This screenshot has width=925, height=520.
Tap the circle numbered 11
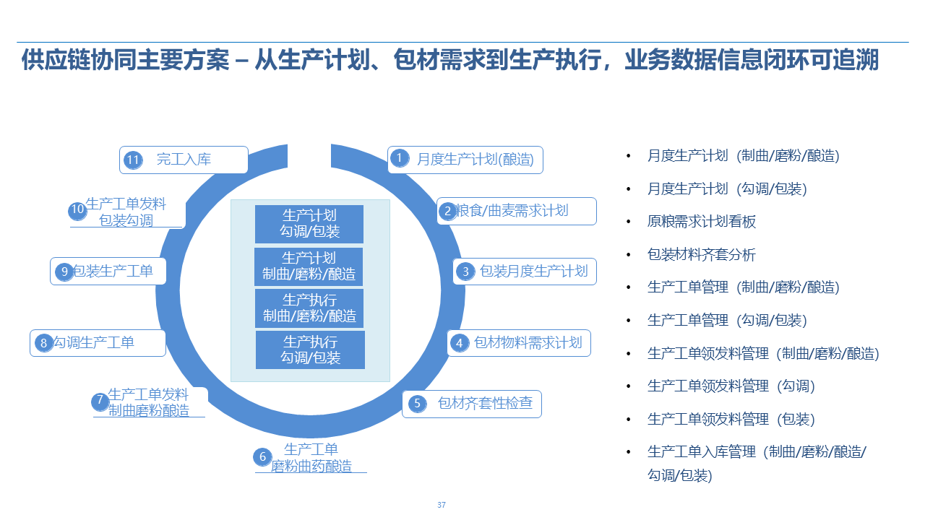tap(132, 160)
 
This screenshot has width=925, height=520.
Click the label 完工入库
tap(184, 160)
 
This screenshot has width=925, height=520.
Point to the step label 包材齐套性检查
tap(485, 403)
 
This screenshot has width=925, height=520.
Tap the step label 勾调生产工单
tap(94, 342)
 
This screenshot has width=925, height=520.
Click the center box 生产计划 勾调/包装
tap(309, 224)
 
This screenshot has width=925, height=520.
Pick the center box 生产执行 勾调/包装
tap(310, 350)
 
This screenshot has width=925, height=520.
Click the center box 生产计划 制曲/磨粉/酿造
tap(309, 266)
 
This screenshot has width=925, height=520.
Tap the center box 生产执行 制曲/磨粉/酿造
tap(309, 308)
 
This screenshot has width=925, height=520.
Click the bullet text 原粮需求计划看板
tap(701, 222)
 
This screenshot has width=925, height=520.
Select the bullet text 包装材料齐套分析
tap(701, 255)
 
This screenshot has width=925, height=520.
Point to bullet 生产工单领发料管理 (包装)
tap(731, 420)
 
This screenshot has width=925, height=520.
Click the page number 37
tap(442, 505)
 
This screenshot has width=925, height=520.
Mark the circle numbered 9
tap(65, 272)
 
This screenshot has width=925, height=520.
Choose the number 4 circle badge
tap(459, 343)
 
